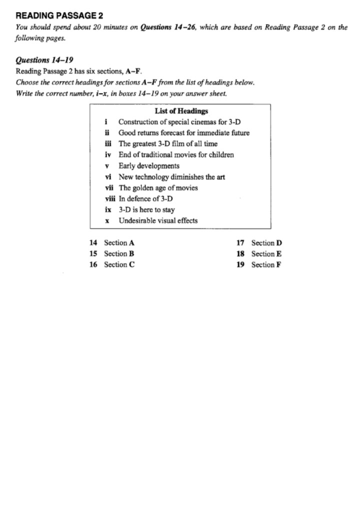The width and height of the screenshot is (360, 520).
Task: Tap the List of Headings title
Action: (181, 111)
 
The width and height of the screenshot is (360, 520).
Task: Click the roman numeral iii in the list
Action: (106, 144)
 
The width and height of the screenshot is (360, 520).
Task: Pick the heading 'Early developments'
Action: (148, 166)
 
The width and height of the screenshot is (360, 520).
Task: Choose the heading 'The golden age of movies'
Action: (158, 188)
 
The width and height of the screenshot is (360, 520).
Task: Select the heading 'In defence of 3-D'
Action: (145, 199)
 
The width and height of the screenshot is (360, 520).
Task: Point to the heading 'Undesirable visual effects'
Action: (158, 220)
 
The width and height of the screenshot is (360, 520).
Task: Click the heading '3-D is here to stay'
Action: (146, 210)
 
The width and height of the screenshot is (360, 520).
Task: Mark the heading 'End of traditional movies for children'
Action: (176, 155)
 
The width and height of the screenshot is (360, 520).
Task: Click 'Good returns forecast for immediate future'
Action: (183, 133)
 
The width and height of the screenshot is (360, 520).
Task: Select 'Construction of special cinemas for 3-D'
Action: (180, 122)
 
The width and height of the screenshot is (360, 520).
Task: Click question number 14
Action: (93, 243)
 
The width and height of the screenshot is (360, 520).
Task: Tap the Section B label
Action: (119, 253)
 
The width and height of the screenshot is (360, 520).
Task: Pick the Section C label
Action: (119, 264)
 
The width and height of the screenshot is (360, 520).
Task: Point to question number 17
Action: (240, 243)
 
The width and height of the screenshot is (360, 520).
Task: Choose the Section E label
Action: (266, 253)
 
